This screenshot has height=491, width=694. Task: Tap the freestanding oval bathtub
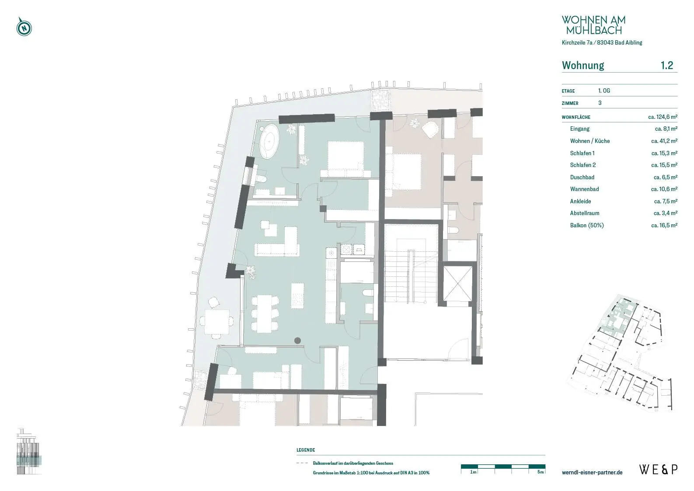(269, 141)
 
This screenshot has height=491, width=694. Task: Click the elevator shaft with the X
(457, 283)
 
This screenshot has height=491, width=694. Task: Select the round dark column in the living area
(297, 341)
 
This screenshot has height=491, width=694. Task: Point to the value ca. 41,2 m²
(664, 141)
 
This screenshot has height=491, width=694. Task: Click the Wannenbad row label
(584, 189)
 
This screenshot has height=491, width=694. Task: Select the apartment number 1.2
(667, 65)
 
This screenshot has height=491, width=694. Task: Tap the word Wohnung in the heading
(583, 65)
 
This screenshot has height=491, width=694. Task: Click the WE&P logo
(659, 470)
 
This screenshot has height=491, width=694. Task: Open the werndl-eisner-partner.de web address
(592, 472)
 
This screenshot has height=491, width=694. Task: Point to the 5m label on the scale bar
(541, 472)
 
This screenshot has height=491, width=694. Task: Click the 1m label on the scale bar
(473, 472)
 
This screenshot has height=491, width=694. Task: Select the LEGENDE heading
(306, 450)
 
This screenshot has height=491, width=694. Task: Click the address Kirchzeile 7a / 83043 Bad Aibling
(602, 43)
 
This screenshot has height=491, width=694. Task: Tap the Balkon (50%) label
(587, 226)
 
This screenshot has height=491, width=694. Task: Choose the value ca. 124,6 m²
(663, 117)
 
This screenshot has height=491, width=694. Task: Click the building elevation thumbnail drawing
(29, 451)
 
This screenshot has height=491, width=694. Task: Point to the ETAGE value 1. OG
(604, 91)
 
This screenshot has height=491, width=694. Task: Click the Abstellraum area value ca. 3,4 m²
(666, 213)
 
